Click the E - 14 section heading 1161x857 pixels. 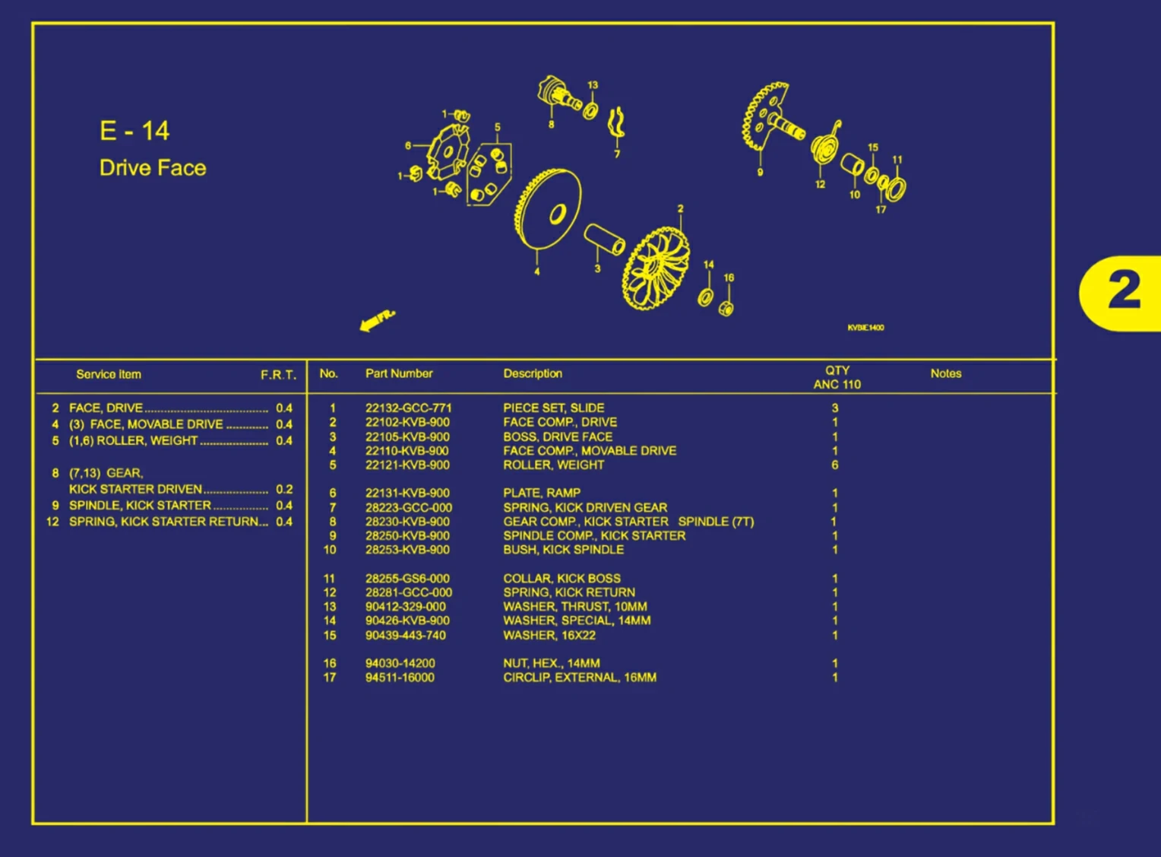134,131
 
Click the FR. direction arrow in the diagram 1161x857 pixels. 378,320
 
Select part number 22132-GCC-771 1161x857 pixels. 408,408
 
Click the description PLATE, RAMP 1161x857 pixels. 542,493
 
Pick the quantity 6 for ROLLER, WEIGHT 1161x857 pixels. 834,465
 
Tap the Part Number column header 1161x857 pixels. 399,373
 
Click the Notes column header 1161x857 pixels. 945,373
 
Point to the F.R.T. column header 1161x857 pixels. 278,375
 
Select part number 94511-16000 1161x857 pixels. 400,677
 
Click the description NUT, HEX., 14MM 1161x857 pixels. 552,663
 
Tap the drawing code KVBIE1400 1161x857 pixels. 865,327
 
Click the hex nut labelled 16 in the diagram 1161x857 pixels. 726,308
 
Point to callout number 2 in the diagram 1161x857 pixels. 680,208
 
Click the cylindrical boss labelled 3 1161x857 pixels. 604,239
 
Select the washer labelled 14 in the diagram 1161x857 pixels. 705,297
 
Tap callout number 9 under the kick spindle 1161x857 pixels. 760,172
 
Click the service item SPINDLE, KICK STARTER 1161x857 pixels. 140,505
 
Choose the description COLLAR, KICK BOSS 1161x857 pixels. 562,579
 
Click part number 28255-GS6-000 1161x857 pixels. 407,579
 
